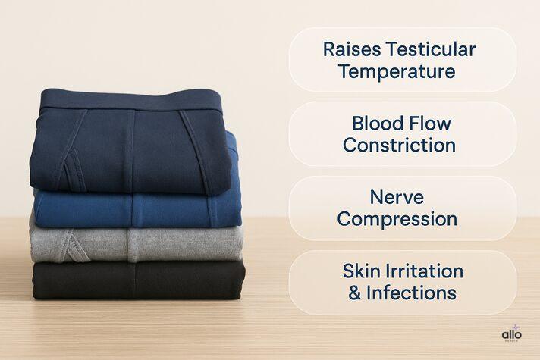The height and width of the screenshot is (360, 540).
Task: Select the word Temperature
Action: point(397,72)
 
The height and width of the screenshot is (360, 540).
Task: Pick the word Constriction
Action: point(399,145)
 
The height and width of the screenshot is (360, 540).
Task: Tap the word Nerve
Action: point(397,197)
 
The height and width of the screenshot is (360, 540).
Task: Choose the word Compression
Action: point(397,220)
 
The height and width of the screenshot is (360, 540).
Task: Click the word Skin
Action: point(360,271)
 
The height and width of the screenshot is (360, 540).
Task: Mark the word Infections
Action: point(411,293)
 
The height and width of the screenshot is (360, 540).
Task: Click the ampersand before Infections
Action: point(354,293)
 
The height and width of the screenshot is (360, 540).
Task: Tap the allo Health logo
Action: point(512,335)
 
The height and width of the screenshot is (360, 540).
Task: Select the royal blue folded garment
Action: point(137,207)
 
